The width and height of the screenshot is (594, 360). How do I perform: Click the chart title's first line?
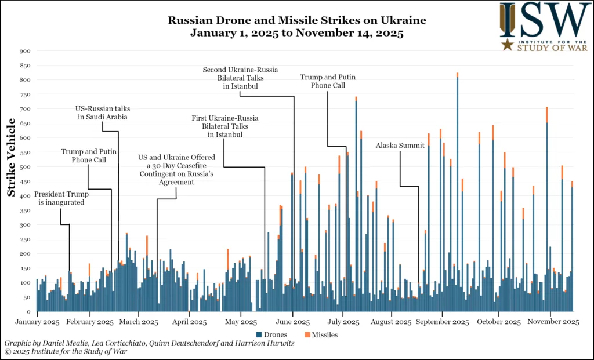(x=297, y=20)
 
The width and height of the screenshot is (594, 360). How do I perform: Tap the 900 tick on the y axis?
(x=26, y=51)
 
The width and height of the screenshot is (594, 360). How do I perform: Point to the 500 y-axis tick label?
(x=26, y=167)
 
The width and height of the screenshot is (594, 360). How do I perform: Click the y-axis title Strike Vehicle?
(x=11, y=157)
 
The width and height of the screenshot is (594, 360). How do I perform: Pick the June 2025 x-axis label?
(x=293, y=322)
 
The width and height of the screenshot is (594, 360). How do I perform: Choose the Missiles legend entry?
(x=321, y=334)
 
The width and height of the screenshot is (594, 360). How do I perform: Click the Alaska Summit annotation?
(x=400, y=146)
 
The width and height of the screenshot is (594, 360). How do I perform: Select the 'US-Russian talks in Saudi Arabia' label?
(x=102, y=112)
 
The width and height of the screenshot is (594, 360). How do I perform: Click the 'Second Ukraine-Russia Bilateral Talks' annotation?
(x=239, y=78)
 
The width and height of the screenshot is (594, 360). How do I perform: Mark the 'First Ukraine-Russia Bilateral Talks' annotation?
(x=225, y=126)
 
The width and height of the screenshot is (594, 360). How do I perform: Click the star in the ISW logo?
(x=507, y=45)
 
